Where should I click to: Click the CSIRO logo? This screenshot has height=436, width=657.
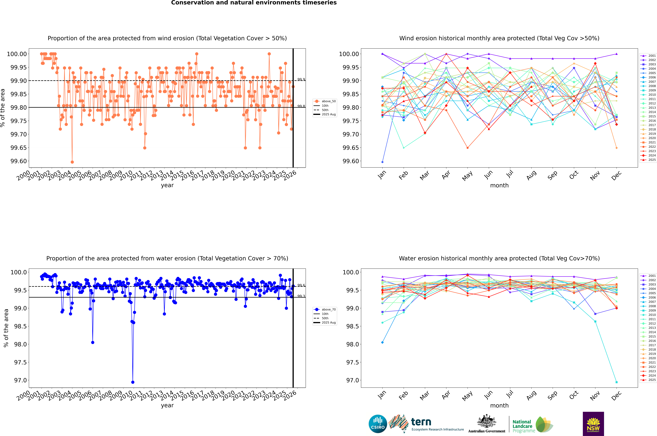point(378,424)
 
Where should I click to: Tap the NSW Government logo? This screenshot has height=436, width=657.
point(593,424)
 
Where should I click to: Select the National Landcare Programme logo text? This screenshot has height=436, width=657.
point(522,426)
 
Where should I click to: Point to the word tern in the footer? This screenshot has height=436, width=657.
point(421,422)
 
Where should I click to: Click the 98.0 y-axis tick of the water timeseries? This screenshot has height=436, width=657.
point(21,344)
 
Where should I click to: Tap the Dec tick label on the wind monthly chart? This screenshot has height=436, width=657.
point(616,176)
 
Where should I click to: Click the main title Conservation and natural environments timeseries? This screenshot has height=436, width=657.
point(254,3)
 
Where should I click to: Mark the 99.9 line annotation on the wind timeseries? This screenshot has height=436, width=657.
point(301,79)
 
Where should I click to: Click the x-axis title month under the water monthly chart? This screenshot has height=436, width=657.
point(499,405)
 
